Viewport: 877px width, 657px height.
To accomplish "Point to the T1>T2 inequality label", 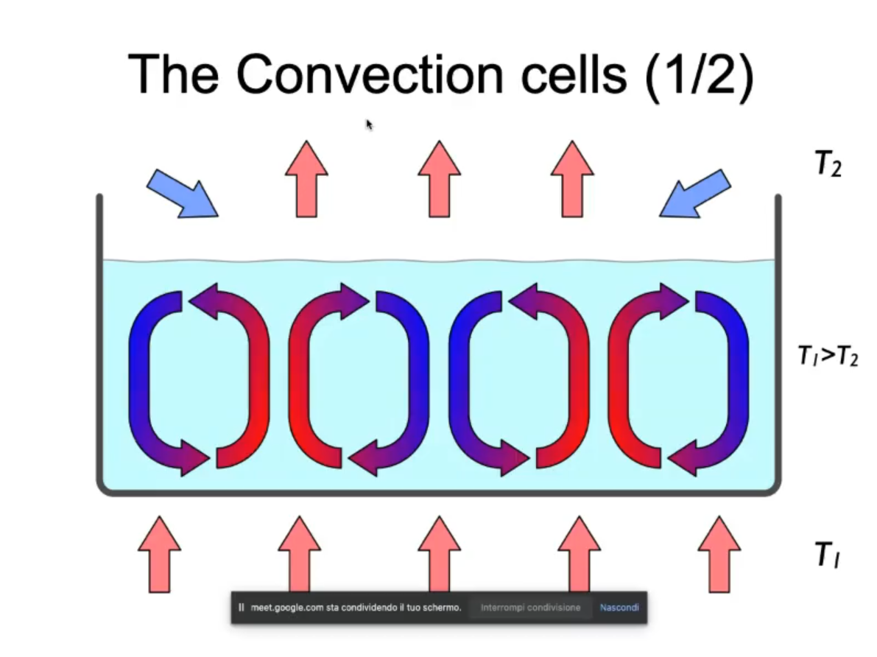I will click(x=828, y=357).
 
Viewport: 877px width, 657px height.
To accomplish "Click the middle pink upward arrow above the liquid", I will click(x=439, y=179).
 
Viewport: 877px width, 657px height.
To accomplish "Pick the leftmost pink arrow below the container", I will click(x=159, y=554).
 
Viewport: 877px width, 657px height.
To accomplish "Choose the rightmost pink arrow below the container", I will click(x=719, y=554).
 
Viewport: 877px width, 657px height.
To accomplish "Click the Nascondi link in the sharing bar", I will click(x=619, y=608).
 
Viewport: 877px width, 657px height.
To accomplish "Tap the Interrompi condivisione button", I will click(x=530, y=608).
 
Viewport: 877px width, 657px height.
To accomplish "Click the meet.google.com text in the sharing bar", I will click(x=356, y=608).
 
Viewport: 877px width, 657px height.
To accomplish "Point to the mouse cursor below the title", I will click(x=370, y=125).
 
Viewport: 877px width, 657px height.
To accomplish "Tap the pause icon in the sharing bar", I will click(x=242, y=608).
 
